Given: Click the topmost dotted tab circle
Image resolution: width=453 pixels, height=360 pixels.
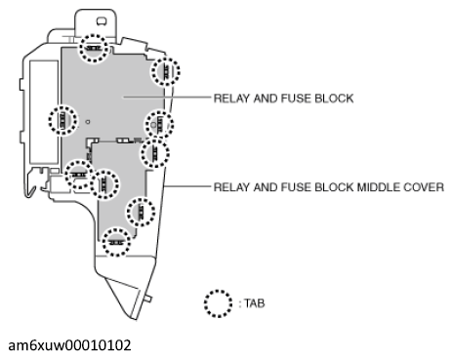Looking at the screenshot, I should click(x=93, y=49).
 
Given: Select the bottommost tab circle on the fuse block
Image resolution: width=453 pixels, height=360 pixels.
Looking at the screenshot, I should click(x=116, y=240).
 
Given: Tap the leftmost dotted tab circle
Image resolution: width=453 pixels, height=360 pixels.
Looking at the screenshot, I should click(x=62, y=121).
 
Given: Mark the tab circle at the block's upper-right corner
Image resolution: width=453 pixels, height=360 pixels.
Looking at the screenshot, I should click(x=165, y=71).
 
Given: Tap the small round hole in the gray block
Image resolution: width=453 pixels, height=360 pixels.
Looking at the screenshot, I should click(x=87, y=122).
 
